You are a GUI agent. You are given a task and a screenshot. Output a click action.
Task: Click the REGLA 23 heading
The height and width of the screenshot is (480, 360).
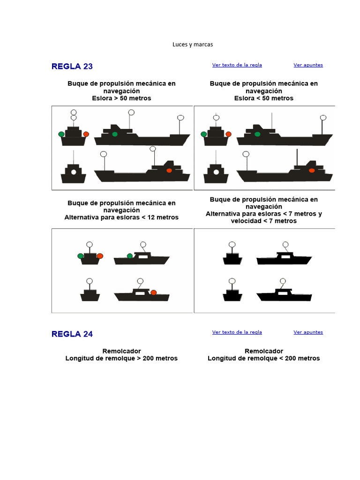[x=72, y=67]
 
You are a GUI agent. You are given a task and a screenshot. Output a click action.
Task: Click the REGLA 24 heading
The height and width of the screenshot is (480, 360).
[x=72, y=334]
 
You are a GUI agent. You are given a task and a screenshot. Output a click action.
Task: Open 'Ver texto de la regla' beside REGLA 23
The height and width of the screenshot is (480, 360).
[x=237, y=65]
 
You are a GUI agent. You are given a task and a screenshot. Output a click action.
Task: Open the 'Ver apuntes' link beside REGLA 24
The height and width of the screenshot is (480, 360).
[x=308, y=332]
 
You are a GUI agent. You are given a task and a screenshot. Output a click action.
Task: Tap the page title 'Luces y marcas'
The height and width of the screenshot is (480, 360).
[x=193, y=45]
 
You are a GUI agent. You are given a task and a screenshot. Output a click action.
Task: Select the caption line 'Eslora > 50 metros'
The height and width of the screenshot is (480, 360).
[x=121, y=98]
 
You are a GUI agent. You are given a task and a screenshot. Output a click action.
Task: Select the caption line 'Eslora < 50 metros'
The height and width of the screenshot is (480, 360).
[x=263, y=98]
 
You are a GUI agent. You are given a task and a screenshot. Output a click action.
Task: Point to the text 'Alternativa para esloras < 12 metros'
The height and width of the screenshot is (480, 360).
[x=121, y=217]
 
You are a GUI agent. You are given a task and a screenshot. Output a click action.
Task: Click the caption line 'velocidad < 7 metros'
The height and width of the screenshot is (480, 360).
[x=263, y=221]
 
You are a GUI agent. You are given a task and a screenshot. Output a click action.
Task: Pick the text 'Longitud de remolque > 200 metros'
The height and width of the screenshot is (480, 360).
[x=121, y=358]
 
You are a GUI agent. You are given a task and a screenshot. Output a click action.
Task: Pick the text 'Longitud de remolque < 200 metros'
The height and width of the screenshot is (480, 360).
[x=263, y=358]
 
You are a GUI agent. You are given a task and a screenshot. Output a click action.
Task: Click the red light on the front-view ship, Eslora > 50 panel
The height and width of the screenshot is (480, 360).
[x=86, y=134]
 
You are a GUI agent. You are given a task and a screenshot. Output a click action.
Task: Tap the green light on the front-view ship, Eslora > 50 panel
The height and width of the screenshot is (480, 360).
[x=61, y=134]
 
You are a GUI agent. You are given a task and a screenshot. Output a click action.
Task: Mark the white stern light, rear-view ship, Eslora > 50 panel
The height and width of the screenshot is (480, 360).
[x=74, y=172]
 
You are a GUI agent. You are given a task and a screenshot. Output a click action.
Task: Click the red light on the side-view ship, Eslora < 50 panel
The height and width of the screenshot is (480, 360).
[x=312, y=171]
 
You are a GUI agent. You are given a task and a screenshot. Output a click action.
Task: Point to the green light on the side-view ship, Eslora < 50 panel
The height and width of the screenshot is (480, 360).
[x=257, y=134]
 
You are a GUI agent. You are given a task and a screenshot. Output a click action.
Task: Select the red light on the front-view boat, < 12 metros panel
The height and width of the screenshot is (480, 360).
[x=100, y=256]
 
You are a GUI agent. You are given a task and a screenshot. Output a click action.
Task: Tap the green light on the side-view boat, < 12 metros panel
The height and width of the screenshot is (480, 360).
[x=130, y=256]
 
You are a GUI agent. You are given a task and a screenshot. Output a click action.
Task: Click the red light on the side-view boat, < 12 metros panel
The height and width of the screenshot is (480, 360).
[x=154, y=292]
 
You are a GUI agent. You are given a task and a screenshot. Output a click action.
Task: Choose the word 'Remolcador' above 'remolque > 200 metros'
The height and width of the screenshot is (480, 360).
[x=121, y=351]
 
